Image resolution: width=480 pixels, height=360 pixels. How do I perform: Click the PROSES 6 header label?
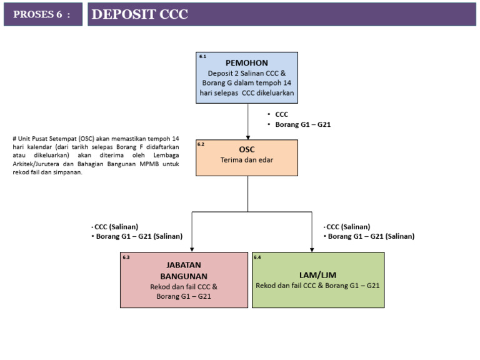coord(42,15)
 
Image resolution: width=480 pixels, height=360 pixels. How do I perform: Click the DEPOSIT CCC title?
coord(139,15)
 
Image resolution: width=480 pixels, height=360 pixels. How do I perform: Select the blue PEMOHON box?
coord(247,77)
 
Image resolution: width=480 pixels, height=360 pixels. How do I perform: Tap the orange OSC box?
coord(247,157)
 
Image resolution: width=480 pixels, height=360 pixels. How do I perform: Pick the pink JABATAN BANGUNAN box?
coord(184,280)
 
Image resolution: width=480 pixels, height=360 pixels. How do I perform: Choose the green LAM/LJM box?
coord(317,280)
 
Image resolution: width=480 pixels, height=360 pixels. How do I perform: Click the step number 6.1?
coord(203,57)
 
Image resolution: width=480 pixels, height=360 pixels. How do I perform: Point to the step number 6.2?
coord(201,144)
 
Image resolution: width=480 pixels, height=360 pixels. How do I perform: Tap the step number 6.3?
coord(126,257)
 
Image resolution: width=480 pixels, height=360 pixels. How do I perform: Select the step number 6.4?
coord(257,257)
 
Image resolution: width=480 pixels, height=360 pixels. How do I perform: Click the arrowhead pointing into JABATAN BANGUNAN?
coord(192,248)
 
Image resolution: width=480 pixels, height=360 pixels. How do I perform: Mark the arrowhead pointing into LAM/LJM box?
coord(311,248)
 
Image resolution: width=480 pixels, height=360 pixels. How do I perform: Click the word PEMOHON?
coord(247,63)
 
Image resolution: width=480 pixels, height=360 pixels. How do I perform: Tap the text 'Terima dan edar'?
coord(247,160)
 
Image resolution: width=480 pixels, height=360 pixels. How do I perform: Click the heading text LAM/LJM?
coord(317,274)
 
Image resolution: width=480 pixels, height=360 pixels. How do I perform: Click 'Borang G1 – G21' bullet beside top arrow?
coord(302,124)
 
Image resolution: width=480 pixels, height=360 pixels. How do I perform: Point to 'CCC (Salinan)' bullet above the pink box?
coord(116,226)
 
